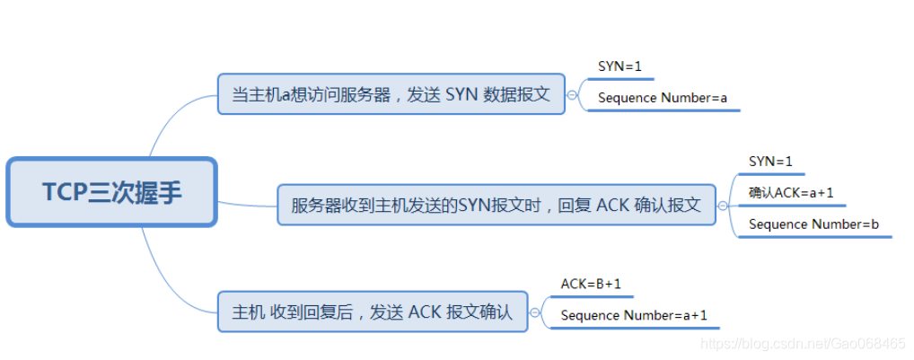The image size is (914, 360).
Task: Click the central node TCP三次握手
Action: click(x=111, y=192)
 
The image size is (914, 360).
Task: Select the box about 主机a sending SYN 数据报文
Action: click(x=391, y=94)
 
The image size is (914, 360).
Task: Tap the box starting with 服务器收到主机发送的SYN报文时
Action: click(x=496, y=205)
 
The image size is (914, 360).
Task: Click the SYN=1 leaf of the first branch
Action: click(x=620, y=66)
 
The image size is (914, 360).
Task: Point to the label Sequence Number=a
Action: click(x=662, y=98)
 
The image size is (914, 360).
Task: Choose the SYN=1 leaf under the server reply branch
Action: click(x=770, y=161)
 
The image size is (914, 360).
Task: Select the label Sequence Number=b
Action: click(x=813, y=224)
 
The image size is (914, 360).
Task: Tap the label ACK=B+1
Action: click(x=591, y=284)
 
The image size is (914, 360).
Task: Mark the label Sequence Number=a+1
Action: click(x=634, y=315)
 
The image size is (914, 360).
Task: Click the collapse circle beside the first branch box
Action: click(x=572, y=94)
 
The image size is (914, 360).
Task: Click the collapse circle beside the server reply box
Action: click(x=723, y=205)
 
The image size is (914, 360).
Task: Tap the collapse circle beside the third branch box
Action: click(x=535, y=312)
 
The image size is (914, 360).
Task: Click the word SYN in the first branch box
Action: click(x=461, y=94)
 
